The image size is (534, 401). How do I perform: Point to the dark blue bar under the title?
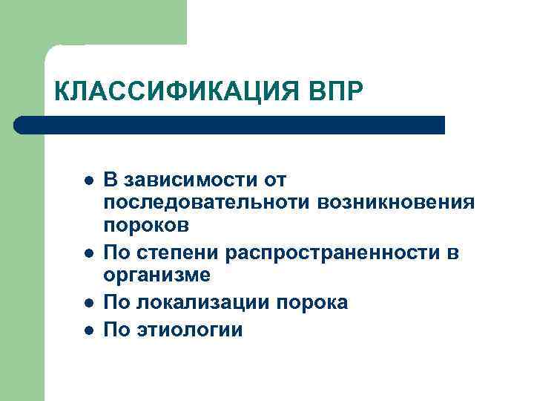pos(230,125)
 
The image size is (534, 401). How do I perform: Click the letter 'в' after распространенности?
pos(453,253)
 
